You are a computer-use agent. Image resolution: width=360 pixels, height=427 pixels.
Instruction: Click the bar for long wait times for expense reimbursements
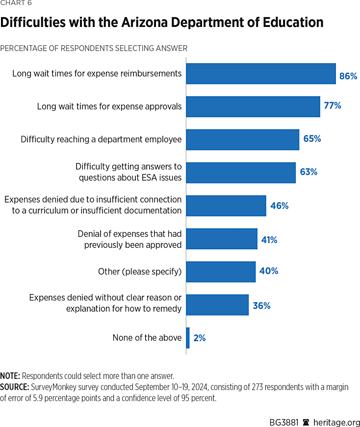pos(260,74)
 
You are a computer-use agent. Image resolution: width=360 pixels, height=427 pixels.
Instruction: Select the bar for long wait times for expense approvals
pos(253,107)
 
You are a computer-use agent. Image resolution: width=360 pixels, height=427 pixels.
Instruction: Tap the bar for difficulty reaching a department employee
pos(242,139)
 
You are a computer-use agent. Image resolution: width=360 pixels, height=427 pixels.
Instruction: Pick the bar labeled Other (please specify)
pos(221,271)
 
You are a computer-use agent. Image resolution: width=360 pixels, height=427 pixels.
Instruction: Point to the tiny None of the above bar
pos(188,338)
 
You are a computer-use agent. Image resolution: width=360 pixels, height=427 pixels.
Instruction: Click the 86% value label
pos(348,76)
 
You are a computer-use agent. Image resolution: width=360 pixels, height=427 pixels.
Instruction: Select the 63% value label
pos(309,172)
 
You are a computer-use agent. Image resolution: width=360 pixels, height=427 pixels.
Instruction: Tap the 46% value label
pos(279,206)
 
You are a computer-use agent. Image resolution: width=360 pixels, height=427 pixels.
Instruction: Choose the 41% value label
pos(268,240)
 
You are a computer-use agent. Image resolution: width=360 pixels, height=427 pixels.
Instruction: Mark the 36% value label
pos(261,306)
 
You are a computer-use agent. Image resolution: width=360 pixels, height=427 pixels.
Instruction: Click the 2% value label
pos(199,338)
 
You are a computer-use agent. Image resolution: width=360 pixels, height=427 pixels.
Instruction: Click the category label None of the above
pos(147,338)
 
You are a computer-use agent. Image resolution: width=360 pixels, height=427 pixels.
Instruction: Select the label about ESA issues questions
pos(129,172)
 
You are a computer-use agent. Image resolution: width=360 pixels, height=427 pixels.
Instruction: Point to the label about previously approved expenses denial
pos(130,240)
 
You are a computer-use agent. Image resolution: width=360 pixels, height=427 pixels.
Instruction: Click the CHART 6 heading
pos(17,3)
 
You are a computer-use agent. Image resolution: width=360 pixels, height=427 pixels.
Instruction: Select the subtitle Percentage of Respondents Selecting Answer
pos(94,48)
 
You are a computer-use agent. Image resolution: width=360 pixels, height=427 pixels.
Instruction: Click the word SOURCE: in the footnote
pos(15,387)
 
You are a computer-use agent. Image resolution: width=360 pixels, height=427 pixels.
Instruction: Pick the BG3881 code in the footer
pos(284,422)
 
